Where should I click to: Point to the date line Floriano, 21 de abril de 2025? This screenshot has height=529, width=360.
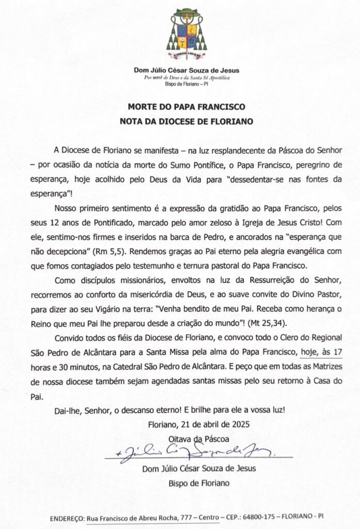tap(199, 425)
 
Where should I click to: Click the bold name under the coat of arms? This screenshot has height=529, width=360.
tap(187, 70)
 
